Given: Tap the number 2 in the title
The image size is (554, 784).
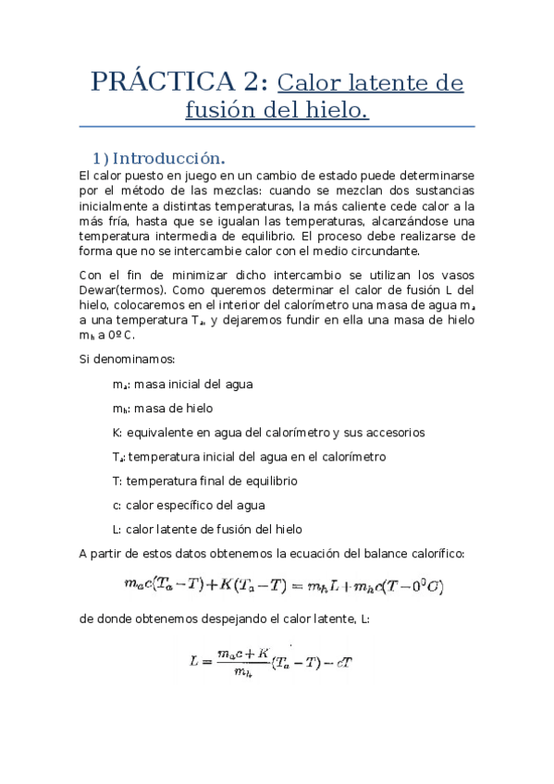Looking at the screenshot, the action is (x=254, y=82).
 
